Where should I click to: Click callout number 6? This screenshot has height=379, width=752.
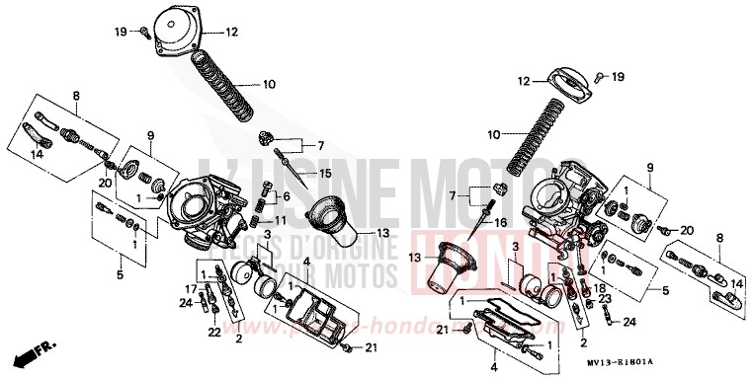283,195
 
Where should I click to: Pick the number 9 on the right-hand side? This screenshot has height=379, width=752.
648,169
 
